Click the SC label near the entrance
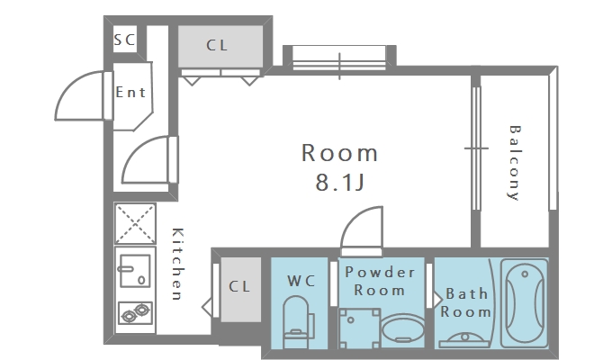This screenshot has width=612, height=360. coord(124,40)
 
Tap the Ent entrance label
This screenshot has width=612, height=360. coord(130,92)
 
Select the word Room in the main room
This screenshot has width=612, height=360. coord(339,153)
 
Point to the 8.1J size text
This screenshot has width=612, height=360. coord(339,182)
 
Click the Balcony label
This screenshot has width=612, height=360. coord(515,163)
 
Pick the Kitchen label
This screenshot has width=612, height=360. coord(177,264)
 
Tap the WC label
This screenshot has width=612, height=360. coord(301,281)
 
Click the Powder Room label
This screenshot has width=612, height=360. coord(380,281)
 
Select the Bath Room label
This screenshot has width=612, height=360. coord(465,302)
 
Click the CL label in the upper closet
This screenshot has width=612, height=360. coord(217,45)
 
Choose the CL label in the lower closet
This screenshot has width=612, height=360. coord(238,286)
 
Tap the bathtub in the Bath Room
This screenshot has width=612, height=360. coord(524,302)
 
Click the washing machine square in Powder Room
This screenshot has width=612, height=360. coord(359,328)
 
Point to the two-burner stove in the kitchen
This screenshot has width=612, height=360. coord(135,313)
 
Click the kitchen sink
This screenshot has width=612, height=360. coord(135,271)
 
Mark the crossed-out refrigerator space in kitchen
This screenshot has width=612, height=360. coord(135,224)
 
